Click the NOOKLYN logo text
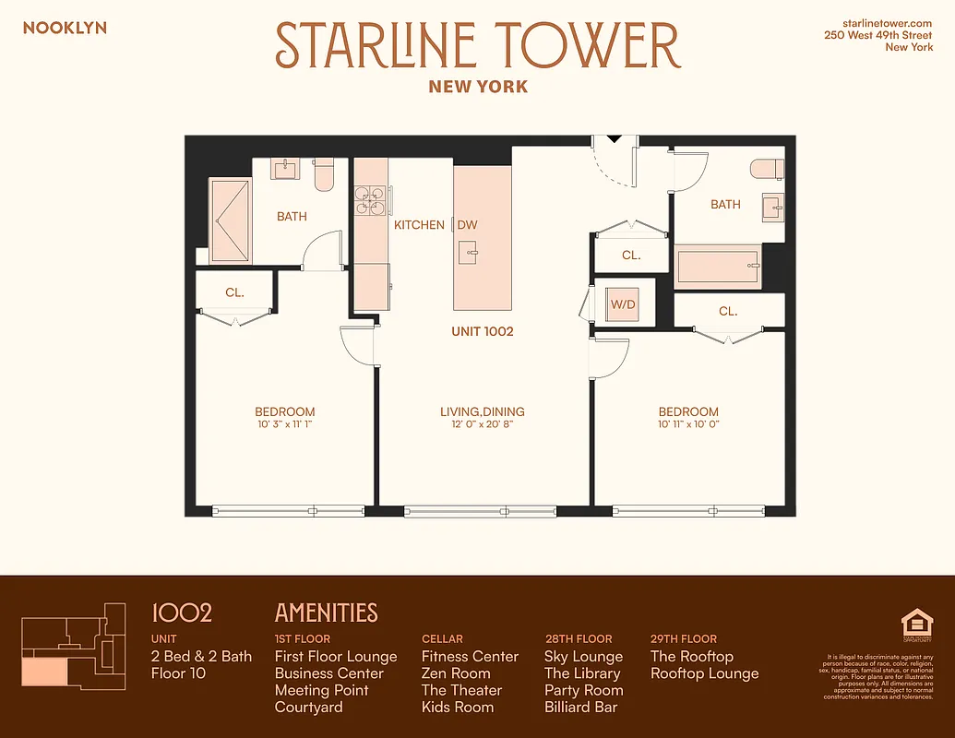point(65,28)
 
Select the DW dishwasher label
point(468,224)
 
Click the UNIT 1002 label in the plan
point(482,331)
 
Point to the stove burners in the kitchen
point(371,201)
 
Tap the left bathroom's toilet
point(323,173)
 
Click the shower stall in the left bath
point(230,221)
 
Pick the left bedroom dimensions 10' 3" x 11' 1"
point(285,425)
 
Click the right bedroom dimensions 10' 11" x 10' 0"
point(688,425)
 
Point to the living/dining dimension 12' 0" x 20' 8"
point(482,425)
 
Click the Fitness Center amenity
point(470,657)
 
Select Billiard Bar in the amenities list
point(580,708)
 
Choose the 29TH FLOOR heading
point(683,638)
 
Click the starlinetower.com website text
point(888,21)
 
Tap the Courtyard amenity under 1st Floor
point(308,708)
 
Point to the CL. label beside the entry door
point(631,256)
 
